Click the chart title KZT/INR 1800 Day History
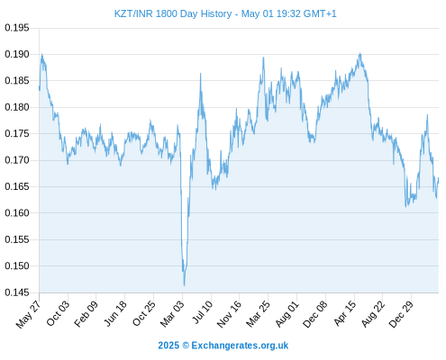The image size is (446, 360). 173,13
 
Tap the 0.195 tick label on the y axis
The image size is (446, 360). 17,28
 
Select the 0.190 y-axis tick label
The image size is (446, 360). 17,54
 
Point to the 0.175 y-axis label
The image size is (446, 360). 17,133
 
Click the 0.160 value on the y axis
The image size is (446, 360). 17,213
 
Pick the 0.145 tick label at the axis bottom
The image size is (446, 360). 17,292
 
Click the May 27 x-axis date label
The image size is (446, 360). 29,314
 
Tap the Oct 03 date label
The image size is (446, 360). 58,313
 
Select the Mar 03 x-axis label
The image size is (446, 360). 172,314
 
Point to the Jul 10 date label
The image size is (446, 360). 203,312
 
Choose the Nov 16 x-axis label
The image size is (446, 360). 229,314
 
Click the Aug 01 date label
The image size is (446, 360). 287,314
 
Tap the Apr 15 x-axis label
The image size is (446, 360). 345,313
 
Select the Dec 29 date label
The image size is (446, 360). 401,314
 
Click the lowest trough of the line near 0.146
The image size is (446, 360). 184,285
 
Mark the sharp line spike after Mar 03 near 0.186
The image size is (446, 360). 201,74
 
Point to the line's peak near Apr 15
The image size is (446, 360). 360,54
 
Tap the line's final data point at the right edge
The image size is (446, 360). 439,178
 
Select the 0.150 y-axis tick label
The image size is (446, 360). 17,265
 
